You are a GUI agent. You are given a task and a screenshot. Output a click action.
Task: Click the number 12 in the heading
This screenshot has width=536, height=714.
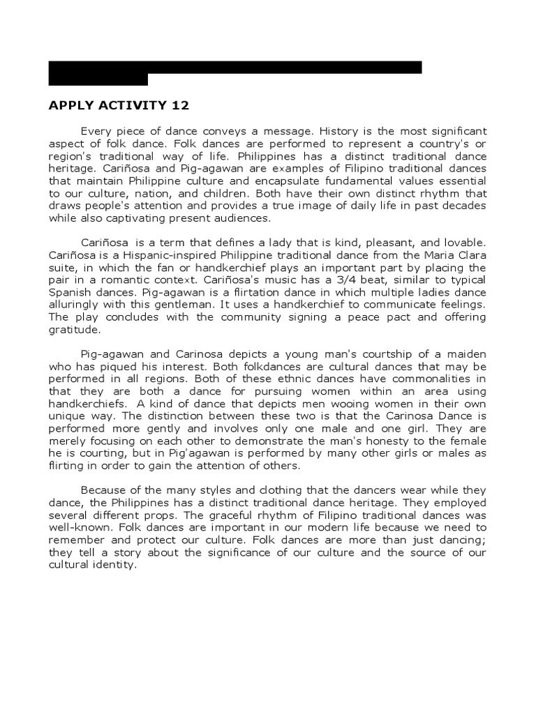(179, 106)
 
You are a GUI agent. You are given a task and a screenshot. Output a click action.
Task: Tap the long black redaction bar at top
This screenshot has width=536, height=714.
(235, 67)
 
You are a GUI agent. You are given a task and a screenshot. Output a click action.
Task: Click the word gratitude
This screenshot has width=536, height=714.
(74, 330)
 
